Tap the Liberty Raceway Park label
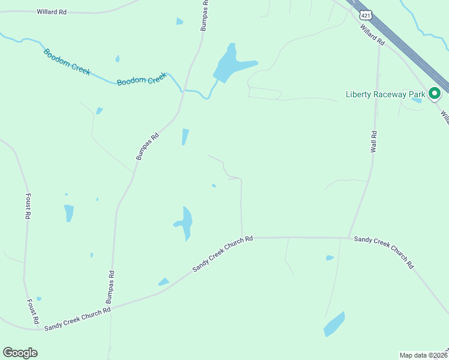point(385,94)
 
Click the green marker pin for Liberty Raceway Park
point(435,93)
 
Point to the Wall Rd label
point(373,141)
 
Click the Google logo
point(20,353)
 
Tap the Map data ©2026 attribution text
point(423,355)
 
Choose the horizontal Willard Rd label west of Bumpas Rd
point(51,11)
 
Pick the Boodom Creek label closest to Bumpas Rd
point(141,79)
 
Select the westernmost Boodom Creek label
point(67,61)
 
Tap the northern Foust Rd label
point(28,206)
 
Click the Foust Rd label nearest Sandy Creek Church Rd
point(33,312)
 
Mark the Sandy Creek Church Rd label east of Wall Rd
point(384,251)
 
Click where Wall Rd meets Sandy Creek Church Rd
point(348,238)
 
